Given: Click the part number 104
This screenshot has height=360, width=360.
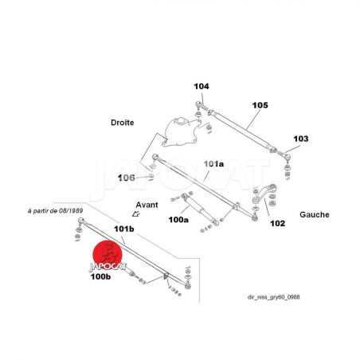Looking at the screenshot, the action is pos(202,86).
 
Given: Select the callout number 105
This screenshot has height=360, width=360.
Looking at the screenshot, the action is pos(260,105).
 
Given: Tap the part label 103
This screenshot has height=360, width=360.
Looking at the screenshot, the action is pos(301,139).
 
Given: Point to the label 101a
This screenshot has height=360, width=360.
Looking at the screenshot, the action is pos(213,164).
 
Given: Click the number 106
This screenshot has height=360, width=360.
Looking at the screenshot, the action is pos(127,178).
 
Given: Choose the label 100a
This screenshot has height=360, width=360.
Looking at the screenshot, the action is pos(178,220).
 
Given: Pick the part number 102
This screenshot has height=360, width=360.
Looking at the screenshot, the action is pos(277,223).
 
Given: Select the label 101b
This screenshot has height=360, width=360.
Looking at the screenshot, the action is pos(124,229).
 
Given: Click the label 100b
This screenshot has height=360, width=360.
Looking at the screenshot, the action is pos(100,276).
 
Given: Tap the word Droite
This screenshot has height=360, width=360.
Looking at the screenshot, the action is pos(123,123).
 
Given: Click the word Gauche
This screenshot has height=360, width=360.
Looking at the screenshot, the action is pos(315,214).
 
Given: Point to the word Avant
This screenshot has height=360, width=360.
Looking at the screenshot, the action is pos(147,205).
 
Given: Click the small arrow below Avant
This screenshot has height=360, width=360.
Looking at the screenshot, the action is pos(136,213).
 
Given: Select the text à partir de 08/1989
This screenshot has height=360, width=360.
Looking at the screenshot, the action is pos(56,211).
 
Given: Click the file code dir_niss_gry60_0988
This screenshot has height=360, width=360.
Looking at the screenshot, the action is pos(274,297).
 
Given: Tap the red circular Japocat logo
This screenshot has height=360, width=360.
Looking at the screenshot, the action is pos(108,255).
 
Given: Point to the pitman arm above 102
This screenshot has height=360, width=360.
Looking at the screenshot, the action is pos(264,194).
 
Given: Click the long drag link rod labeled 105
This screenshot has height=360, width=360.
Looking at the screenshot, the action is pos(242,131).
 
